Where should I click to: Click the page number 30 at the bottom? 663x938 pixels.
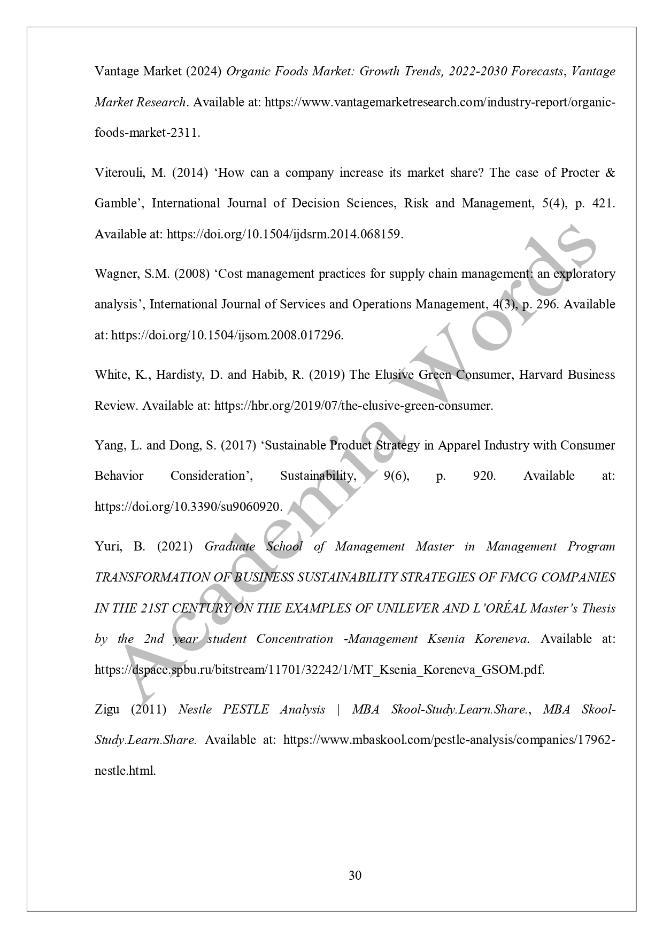(x=354, y=875)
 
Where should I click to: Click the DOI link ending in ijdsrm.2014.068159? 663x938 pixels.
(x=285, y=234)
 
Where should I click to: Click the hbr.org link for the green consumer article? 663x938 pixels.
(x=353, y=406)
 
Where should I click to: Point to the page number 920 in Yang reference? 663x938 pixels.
(x=484, y=476)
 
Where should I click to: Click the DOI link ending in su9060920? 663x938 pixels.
(x=188, y=507)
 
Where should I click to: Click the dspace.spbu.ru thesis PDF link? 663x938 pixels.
(x=319, y=670)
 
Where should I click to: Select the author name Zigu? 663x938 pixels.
(x=107, y=709)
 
